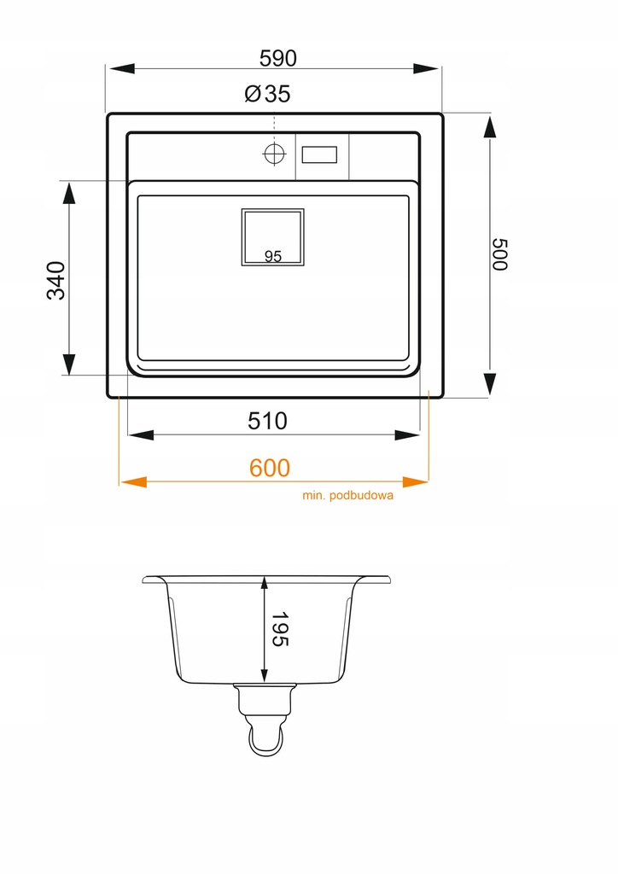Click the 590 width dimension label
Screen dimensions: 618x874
278,58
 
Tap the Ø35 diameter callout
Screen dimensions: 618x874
267,94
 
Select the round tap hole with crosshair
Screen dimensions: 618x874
274,154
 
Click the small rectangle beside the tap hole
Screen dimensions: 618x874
319,154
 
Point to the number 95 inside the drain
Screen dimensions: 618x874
273,256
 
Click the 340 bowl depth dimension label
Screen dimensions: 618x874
56,280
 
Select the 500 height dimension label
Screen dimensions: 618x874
500,254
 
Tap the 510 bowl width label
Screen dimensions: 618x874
267,421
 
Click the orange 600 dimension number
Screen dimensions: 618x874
270,468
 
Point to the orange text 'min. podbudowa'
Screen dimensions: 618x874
347,495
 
